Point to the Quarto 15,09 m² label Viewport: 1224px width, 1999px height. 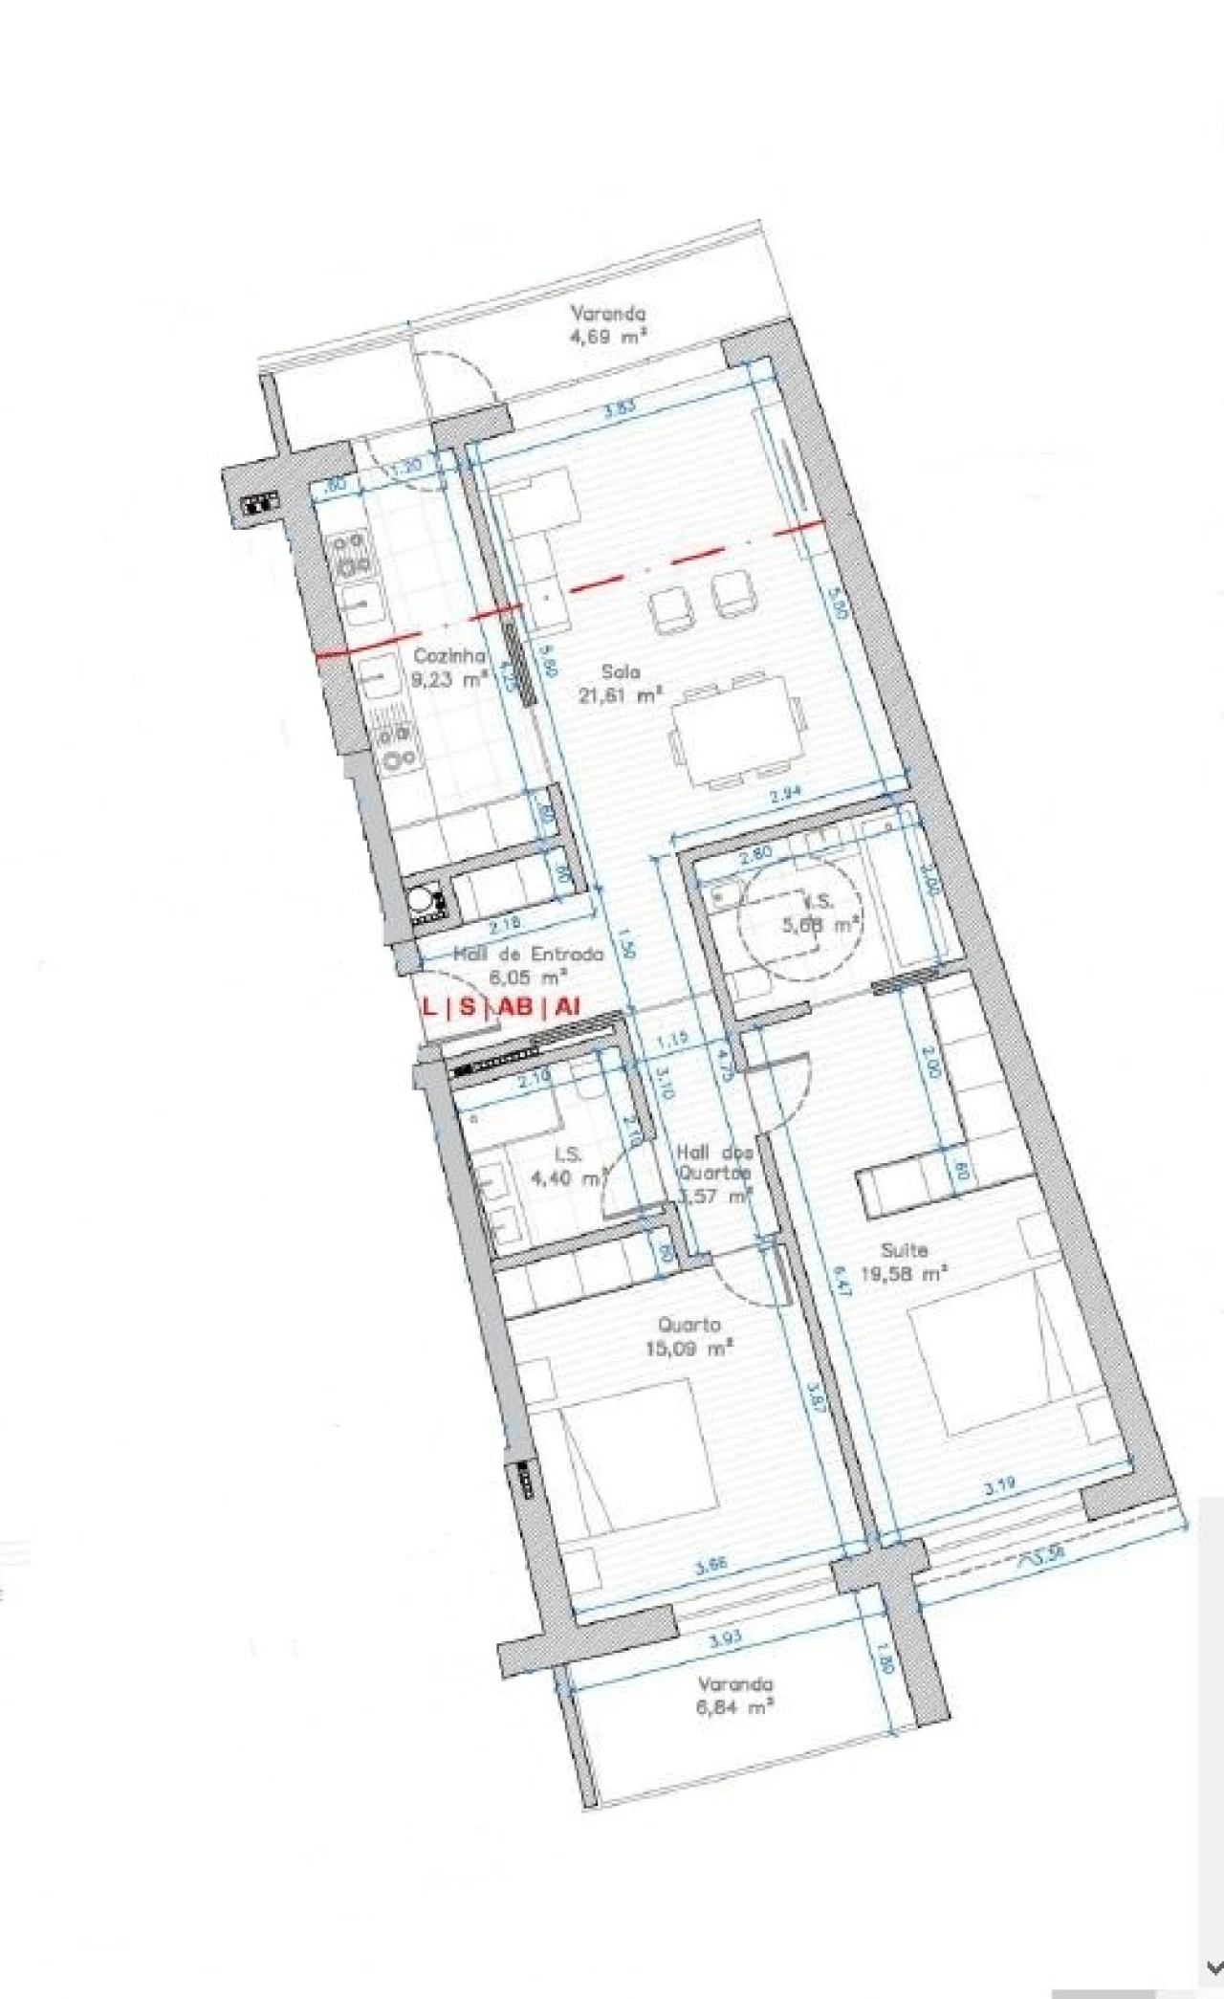tap(689, 1336)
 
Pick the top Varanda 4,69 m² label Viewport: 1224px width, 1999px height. tap(608, 324)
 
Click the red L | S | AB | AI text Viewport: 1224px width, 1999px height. tap(502, 1006)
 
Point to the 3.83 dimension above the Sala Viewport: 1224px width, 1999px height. tap(620, 406)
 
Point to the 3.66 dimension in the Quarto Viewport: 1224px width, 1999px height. tap(711, 1566)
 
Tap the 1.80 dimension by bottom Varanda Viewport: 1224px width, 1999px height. tap(885, 1663)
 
